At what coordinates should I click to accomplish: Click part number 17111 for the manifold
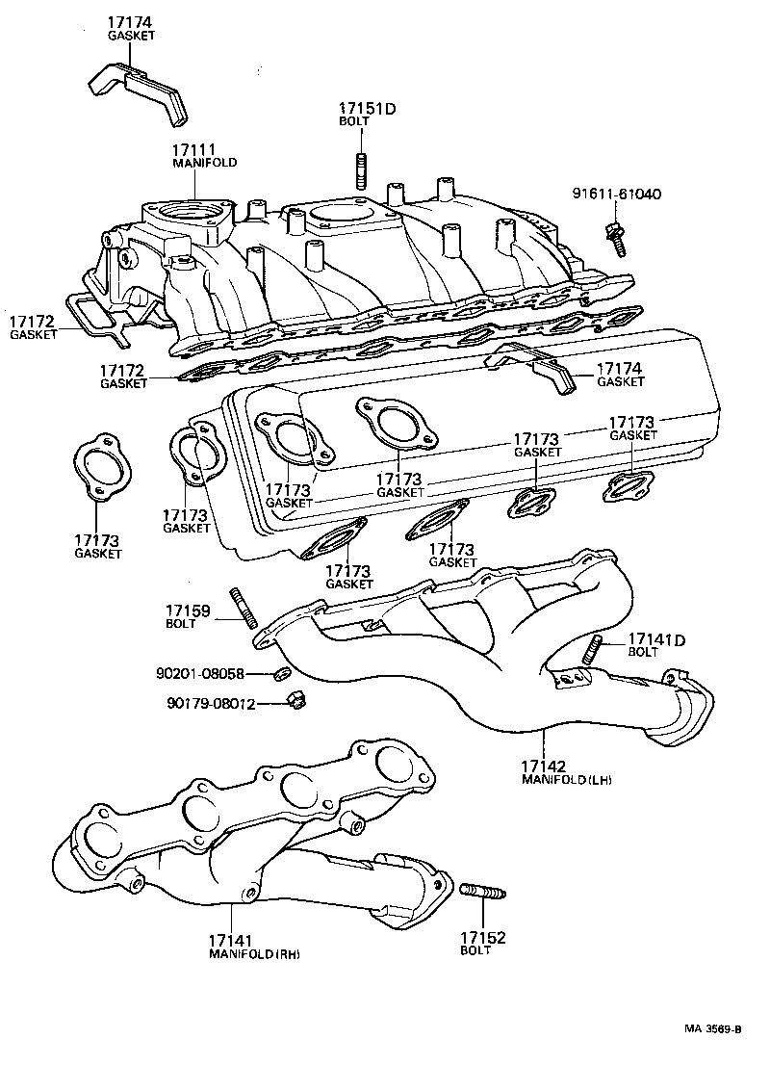[193, 151]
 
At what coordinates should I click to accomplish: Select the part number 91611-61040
[617, 195]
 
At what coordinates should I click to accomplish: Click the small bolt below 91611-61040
[612, 234]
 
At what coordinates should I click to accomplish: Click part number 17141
[232, 940]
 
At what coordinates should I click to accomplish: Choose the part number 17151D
[367, 109]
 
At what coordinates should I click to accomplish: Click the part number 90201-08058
[200, 674]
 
